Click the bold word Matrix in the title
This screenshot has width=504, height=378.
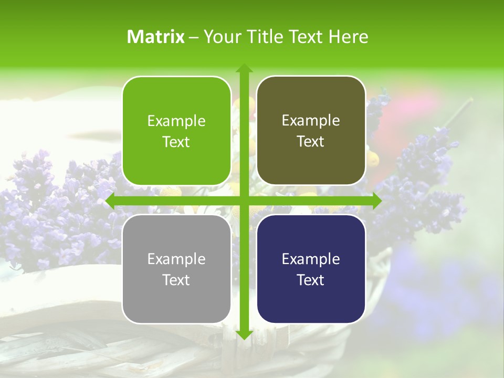pyautogui.click(x=156, y=37)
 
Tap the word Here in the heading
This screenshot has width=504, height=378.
pyautogui.click(x=349, y=37)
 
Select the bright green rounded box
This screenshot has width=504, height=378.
pyautogui.click(x=176, y=131)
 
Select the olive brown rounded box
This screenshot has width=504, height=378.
pyautogui.click(x=311, y=131)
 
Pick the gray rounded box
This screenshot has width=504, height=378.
pyautogui.click(x=176, y=269)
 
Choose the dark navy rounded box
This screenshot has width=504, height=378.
pyautogui.click(x=311, y=269)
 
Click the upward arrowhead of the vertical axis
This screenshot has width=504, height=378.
pyautogui.click(x=244, y=68)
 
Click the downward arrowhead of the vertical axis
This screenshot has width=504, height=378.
pyautogui.click(x=244, y=334)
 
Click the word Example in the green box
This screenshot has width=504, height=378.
pyautogui.click(x=176, y=121)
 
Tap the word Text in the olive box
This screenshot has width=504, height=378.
pyautogui.click(x=311, y=141)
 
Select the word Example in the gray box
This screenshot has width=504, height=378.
pyautogui.click(x=176, y=259)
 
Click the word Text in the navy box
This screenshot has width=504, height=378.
pyautogui.click(x=311, y=280)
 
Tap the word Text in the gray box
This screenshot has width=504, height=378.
pyautogui.click(x=176, y=280)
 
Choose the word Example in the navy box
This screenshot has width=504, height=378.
pyautogui.click(x=311, y=259)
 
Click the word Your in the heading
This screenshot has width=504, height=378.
pyautogui.click(x=220, y=37)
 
